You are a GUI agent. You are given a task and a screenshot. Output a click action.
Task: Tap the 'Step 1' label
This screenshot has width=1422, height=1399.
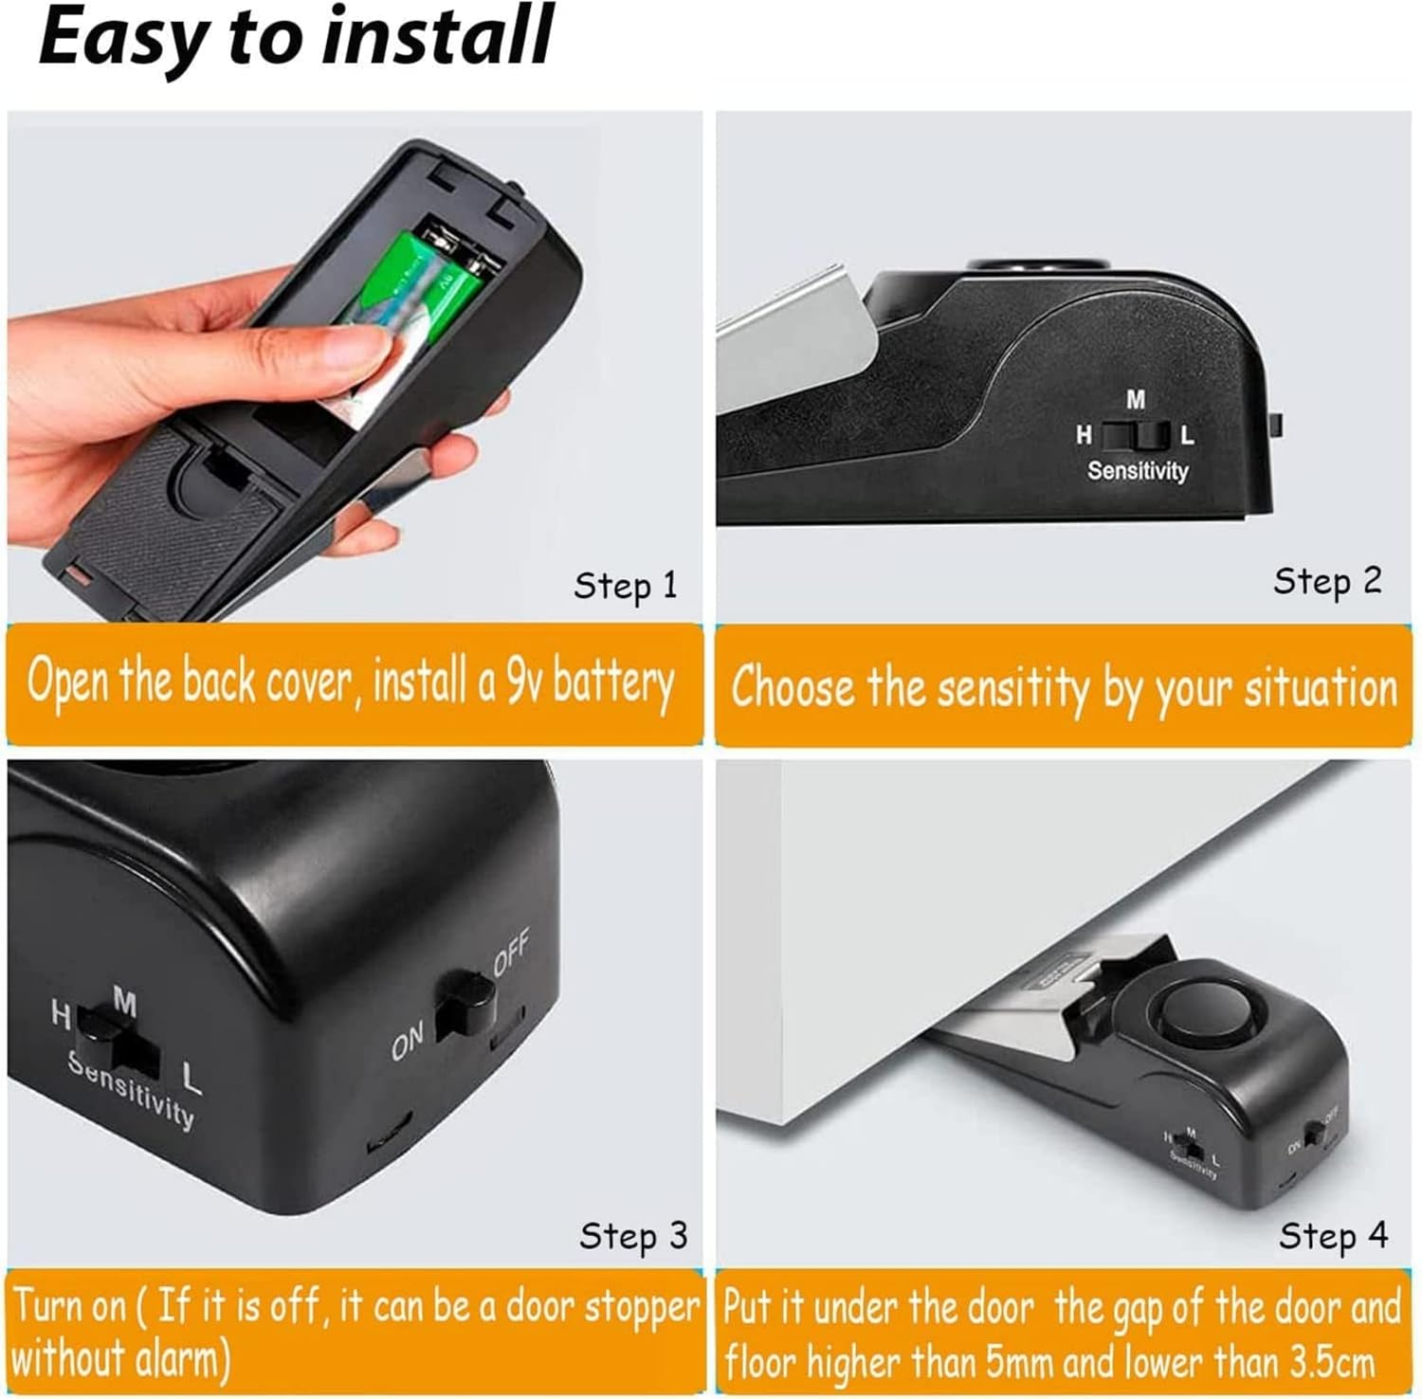pyautogui.click(x=626, y=585)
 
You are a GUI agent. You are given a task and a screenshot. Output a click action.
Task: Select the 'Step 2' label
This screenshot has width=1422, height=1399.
pyautogui.click(x=1327, y=580)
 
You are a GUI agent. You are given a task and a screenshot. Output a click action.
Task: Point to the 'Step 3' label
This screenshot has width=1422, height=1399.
pyautogui.click(x=632, y=1235)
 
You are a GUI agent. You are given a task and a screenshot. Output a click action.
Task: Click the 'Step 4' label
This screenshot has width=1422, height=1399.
pyautogui.click(x=1333, y=1235)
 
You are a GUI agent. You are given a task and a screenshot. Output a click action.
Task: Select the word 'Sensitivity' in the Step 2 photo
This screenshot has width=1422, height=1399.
pyautogui.click(x=1137, y=470)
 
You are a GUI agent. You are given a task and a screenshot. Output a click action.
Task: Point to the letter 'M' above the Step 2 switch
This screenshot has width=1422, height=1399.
pyautogui.click(x=1136, y=400)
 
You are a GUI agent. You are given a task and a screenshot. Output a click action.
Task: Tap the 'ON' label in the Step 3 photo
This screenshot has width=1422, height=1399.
pyautogui.click(x=408, y=1045)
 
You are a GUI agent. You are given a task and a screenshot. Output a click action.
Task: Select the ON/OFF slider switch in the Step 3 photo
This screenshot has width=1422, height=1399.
pyautogui.click(x=465, y=1007)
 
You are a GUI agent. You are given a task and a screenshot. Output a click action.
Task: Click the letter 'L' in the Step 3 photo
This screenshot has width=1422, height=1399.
pyautogui.click(x=191, y=1079)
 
